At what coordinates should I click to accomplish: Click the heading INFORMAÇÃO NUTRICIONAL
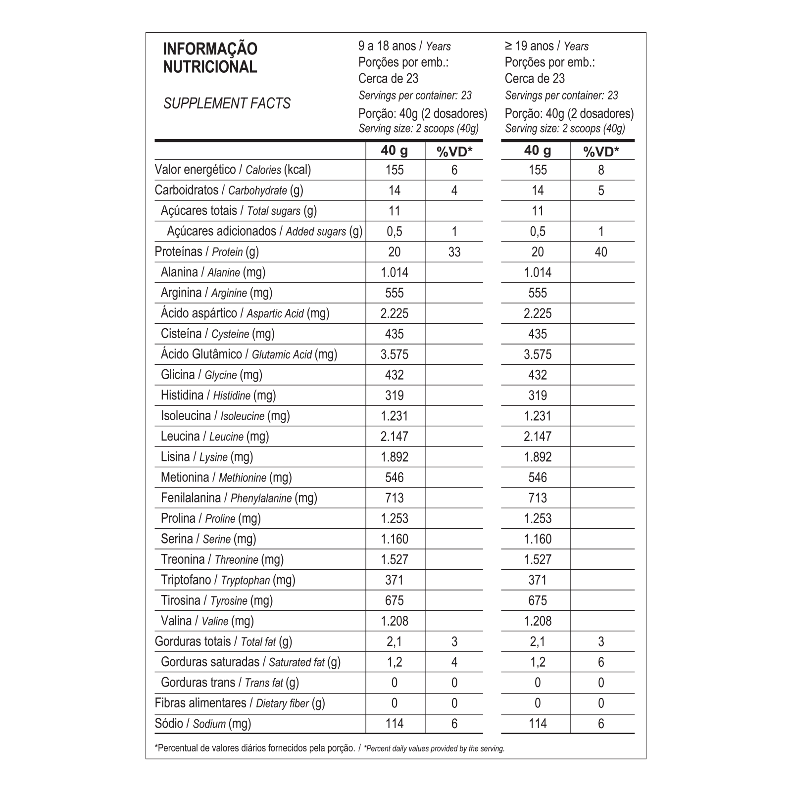[x=210, y=58]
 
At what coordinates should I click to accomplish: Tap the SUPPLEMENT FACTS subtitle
[x=227, y=103]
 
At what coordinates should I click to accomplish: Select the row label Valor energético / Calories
[x=233, y=170]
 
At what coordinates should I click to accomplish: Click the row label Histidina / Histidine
[x=218, y=395]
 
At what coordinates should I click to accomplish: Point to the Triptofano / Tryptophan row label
[x=228, y=580]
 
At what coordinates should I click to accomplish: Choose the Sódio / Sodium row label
[x=202, y=723]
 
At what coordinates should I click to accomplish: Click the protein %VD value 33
[x=454, y=252]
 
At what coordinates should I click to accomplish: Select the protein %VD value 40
[x=600, y=252]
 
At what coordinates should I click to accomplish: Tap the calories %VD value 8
[x=601, y=170]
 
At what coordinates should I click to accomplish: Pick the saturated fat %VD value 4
[x=454, y=662]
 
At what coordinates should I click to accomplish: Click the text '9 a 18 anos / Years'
[x=404, y=46]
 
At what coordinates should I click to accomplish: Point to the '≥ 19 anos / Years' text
[x=546, y=46]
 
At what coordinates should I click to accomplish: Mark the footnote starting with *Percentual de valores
[x=330, y=748]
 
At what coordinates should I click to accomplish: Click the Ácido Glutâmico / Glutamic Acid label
[x=248, y=354]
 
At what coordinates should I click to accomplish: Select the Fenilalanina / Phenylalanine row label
[x=239, y=497]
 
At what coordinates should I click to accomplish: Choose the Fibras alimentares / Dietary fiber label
[x=240, y=703]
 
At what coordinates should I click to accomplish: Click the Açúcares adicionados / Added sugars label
[x=264, y=231]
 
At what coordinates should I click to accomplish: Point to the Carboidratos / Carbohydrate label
[x=229, y=190]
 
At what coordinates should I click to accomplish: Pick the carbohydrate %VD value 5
[x=601, y=191]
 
